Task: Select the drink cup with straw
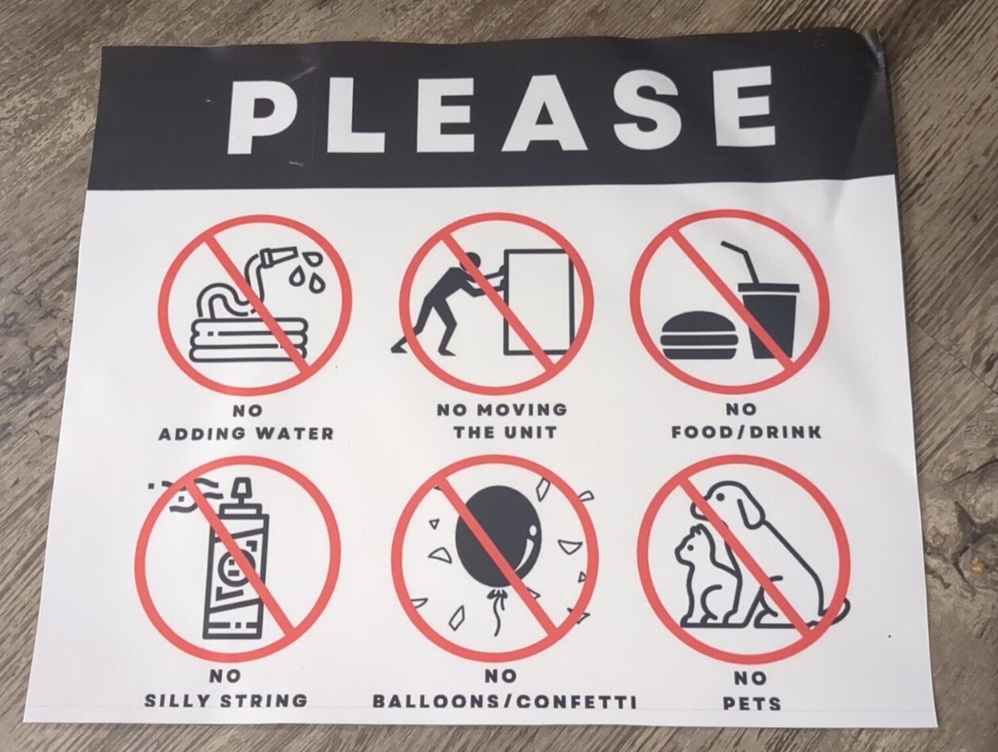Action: (x=768, y=316)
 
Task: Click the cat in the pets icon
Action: (x=703, y=578)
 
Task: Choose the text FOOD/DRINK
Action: (x=746, y=432)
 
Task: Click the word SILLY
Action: (x=180, y=700)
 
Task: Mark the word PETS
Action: (x=751, y=704)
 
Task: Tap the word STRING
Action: (x=266, y=700)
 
